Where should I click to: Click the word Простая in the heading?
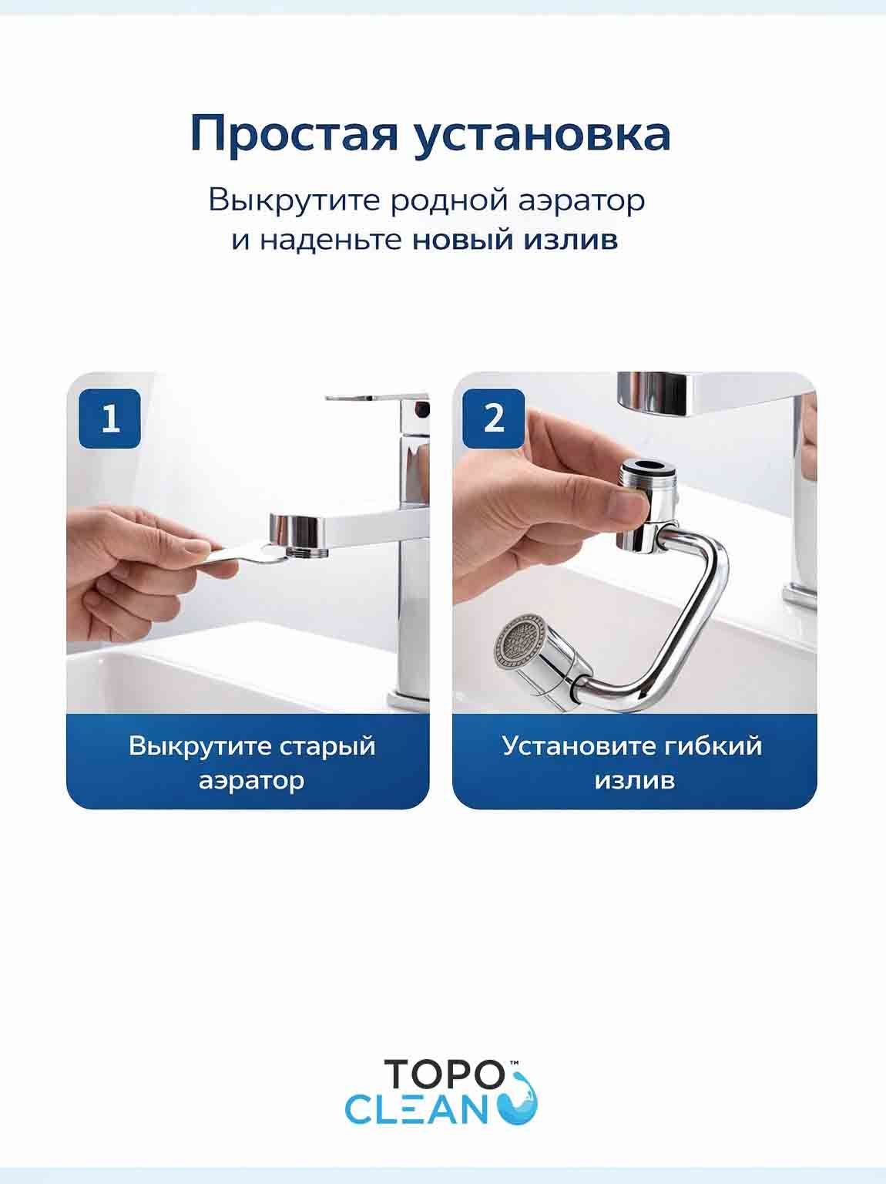pyautogui.click(x=294, y=135)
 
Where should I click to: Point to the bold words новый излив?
pyautogui.click(x=515, y=240)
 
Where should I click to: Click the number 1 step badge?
pyautogui.click(x=110, y=419)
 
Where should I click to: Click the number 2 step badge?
pyautogui.click(x=494, y=419)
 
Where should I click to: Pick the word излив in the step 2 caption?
pyautogui.click(x=634, y=781)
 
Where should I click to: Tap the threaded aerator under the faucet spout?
pyautogui.click(x=307, y=551)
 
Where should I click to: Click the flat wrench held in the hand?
pyautogui.click(x=243, y=556)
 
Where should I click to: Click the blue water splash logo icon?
pyautogui.click(x=520, y=1096)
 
